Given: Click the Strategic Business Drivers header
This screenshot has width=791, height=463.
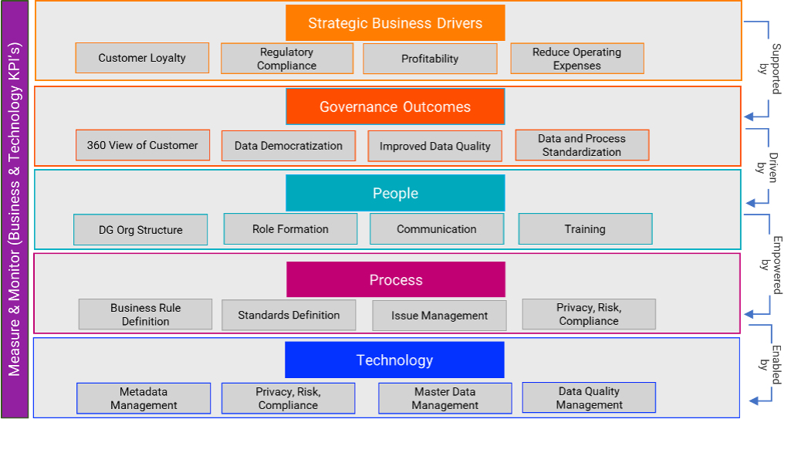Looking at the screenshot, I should [x=395, y=23].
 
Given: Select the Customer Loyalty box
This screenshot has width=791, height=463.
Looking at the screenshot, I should [x=142, y=58].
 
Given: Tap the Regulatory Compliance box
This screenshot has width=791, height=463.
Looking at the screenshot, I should [x=287, y=59].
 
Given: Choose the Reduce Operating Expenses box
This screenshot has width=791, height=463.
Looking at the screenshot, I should [x=576, y=59].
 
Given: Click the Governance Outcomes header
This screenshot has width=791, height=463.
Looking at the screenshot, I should [x=395, y=106].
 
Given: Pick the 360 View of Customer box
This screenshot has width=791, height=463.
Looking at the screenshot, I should [x=143, y=145].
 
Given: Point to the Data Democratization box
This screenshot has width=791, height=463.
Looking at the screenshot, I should [x=289, y=146].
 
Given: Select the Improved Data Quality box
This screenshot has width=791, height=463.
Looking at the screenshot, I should [x=435, y=146].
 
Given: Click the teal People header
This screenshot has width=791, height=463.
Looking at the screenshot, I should [x=395, y=193].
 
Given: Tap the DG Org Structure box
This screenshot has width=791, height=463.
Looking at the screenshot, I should [x=140, y=230].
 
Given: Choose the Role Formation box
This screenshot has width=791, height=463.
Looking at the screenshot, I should [x=290, y=229].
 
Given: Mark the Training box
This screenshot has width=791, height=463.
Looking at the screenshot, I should [x=585, y=229].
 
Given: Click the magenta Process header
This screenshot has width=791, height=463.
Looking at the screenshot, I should [x=396, y=279].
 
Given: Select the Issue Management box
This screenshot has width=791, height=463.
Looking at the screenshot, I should [x=439, y=316].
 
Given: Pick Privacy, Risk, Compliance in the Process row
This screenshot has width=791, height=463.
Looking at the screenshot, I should [x=589, y=314].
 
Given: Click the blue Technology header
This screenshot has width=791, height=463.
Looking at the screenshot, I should [x=394, y=360].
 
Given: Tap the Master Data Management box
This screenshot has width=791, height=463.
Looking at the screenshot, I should [x=445, y=398].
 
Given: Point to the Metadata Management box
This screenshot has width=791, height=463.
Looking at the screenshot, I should [x=144, y=398].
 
